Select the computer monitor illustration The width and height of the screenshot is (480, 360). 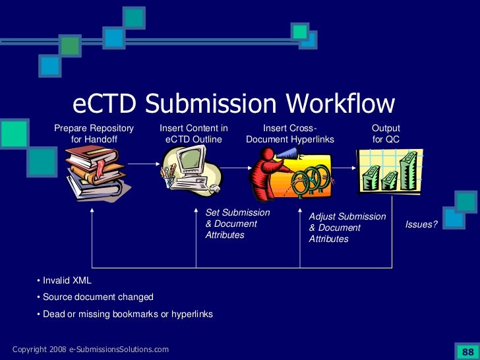coord(191,169)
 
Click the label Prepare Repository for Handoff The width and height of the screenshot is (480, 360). coord(94,134)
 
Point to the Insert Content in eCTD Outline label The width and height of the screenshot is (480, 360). coord(194,134)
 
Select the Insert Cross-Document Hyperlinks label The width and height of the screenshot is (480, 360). coord(290,134)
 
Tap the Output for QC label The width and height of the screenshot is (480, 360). coord(386,134)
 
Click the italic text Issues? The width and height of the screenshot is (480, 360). coord(421,225)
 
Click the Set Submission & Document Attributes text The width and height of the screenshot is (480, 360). coord(237,224)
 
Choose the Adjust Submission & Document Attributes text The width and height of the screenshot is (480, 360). coord(347,227)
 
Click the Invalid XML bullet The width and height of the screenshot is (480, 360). coord(65,280)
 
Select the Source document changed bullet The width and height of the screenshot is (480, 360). coord(95,297)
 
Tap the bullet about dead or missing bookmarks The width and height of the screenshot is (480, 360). coord(125,315)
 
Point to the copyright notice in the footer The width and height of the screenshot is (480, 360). coord(90,349)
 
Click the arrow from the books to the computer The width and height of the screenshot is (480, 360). coord(143,164)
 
